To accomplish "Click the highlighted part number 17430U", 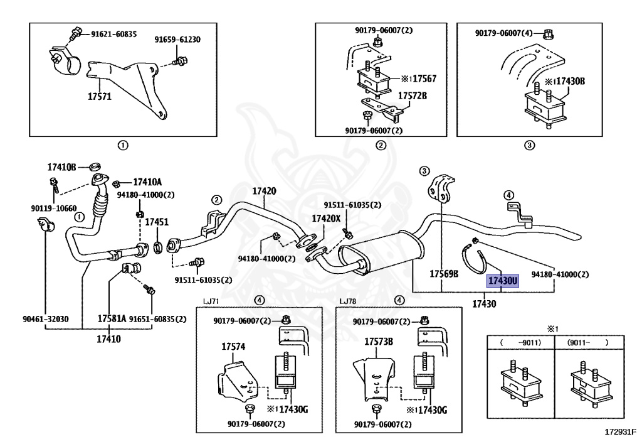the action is coord(502,281).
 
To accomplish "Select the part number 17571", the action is coord(100,97).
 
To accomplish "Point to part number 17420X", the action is coord(326,219).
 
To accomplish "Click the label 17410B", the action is coord(61,167).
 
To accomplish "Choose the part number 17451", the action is coord(157,222).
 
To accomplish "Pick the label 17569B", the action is coord(444,274).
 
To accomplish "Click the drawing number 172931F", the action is coord(621,431).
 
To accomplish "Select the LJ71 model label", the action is coord(211,301).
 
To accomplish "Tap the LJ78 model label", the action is coord(347,301).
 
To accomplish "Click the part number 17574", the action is coord(233,347).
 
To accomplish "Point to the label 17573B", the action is coord(379,342).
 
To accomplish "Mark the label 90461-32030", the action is coord(45,319).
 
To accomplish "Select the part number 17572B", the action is coord(413,96).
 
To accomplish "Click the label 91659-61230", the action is coord(177,40).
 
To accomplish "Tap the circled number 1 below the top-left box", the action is coord(123,145).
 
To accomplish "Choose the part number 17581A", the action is coord(112,318).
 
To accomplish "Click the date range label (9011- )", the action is coord(588,342).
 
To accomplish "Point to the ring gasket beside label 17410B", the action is coord(96,166).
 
